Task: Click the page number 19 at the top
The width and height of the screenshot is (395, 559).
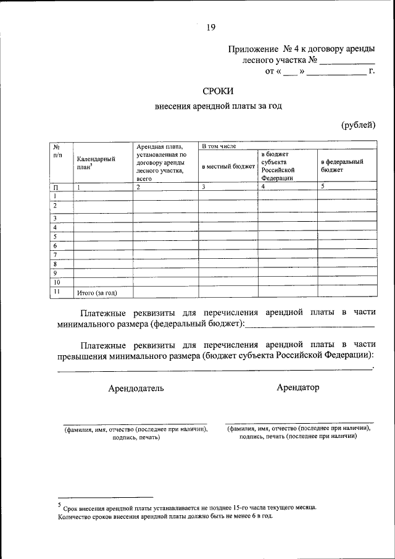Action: (x=211, y=27)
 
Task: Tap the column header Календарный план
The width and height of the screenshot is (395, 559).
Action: (x=96, y=162)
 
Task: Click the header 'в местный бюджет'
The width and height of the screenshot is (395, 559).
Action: (x=228, y=166)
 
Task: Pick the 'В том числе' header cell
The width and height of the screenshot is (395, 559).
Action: (x=216, y=146)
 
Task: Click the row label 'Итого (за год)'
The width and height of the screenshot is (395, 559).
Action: (x=96, y=293)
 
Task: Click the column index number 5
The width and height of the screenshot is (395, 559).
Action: (x=323, y=186)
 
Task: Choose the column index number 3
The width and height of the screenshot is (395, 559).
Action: (x=203, y=186)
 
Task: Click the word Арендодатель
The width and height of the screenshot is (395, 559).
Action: (x=136, y=389)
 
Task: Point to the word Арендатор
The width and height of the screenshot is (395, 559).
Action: (x=298, y=387)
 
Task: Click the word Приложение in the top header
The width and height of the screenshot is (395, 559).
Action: (x=254, y=48)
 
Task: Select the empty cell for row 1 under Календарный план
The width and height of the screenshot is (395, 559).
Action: (x=102, y=196)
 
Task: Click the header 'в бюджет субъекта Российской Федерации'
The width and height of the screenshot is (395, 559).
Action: (x=278, y=164)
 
